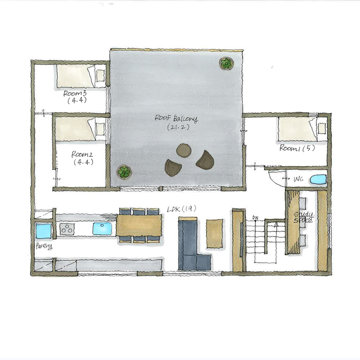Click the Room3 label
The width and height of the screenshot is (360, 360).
coord(75,93)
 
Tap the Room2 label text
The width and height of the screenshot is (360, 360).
coord(83,154)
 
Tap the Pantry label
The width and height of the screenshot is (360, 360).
coord(44,246)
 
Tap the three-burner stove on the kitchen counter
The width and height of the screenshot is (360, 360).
coord(67,229)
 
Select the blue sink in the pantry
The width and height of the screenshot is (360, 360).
coord(44,231)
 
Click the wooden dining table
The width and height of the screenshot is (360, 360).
coord(139,225)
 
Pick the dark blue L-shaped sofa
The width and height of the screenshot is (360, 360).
coord(191,246)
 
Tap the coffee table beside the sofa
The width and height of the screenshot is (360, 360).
coord(215,234)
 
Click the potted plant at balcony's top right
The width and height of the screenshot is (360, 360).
coord(226,64)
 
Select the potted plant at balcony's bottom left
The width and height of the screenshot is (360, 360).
coord(124,173)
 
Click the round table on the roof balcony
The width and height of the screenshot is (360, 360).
coord(184,151)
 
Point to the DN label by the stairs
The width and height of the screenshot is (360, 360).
coord(255,217)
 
